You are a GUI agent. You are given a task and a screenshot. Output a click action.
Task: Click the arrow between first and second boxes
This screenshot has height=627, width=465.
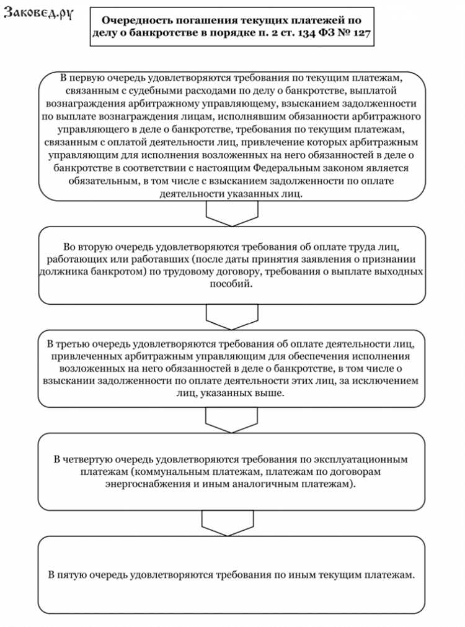coord(231,214)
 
